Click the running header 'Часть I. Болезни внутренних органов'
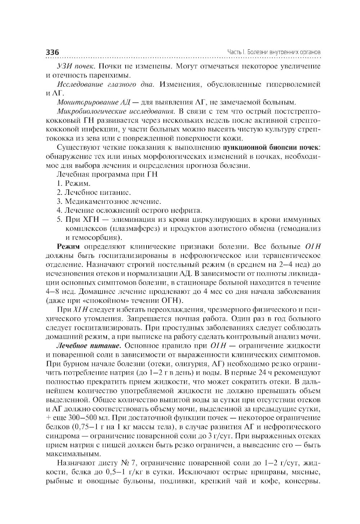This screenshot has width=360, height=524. tap(274, 52)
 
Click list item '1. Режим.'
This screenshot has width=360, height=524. tap(74, 183)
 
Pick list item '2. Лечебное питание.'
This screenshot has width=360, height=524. tap(94, 192)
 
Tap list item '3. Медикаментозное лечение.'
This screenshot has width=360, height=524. tap(109, 201)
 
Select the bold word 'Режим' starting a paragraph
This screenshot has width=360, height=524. tap(68, 247)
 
